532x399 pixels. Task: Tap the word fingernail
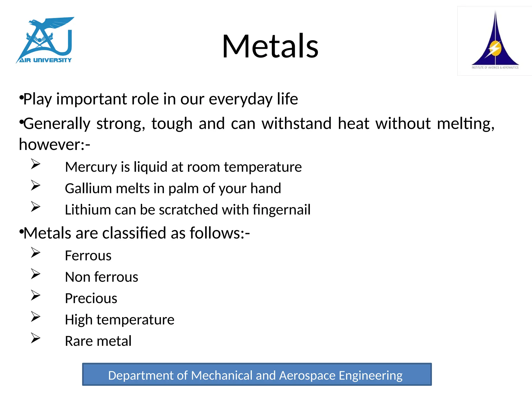click(282, 210)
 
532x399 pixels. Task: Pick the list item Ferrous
click(88, 256)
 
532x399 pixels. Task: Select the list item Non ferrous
click(102, 277)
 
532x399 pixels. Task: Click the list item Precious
click(91, 298)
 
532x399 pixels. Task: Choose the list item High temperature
click(119, 320)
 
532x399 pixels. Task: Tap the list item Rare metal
click(98, 341)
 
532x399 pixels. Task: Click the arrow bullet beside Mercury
click(36, 164)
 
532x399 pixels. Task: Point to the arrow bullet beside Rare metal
click(36, 338)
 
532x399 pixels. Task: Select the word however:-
click(55, 144)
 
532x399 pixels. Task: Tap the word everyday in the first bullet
click(241, 99)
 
